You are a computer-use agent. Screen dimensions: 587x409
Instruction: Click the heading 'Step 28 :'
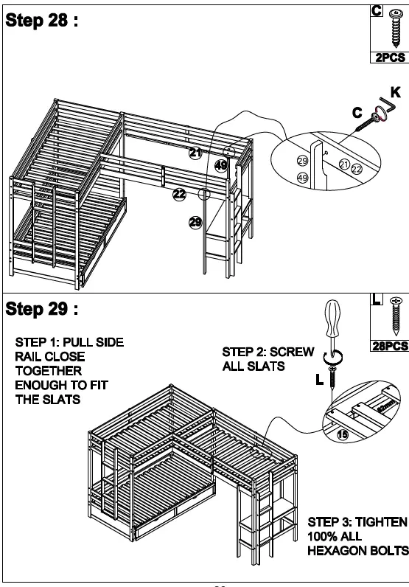[x=42, y=21]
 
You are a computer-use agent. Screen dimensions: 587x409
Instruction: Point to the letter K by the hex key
[x=396, y=94]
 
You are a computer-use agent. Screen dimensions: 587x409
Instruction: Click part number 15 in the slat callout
[x=342, y=436]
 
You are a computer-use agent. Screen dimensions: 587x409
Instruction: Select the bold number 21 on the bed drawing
[x=195, y=153]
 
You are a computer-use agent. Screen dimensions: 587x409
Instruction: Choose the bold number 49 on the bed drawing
[x=221, y=166]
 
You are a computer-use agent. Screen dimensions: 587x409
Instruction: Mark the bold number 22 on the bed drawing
[x=179, y=194]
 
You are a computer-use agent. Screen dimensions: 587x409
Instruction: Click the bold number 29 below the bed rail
[x=195, y=222]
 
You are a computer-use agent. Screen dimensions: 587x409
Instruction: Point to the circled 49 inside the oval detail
[x=302, y=178]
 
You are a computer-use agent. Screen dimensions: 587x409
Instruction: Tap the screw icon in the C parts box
[x=388, y=29]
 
